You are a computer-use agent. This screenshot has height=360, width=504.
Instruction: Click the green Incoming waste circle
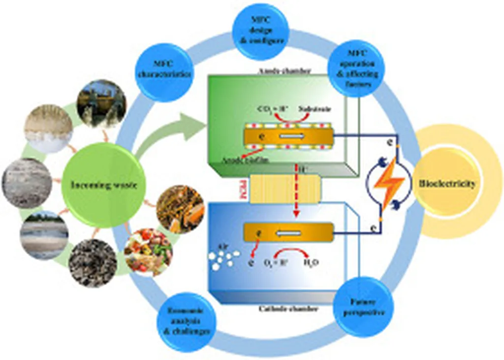click(x=104, y=184)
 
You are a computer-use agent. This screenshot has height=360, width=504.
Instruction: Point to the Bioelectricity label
click(x=447, y=184)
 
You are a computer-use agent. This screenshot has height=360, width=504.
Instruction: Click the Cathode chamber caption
click(x=285, y=309)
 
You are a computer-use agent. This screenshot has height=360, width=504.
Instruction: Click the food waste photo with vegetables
click(x=148, y=251)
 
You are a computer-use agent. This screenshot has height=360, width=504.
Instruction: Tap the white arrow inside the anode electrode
click(x=290, y=136)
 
